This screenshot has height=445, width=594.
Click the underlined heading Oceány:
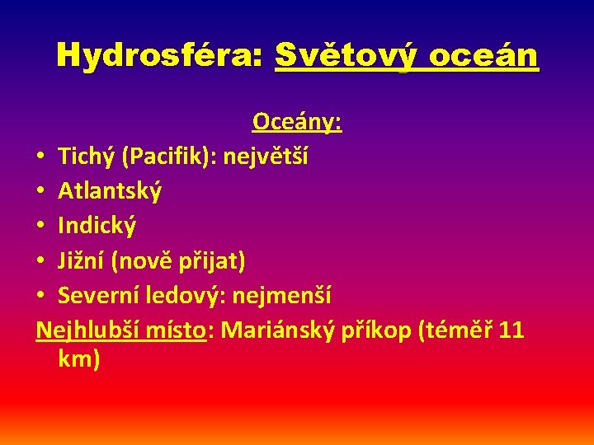pos(297,122)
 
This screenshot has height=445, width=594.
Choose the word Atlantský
pos(110,191)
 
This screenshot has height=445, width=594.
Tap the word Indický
pos(97,226)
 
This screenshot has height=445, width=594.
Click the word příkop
pos(375,330)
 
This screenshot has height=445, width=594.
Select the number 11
pos(511,330)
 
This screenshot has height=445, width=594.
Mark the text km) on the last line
pos(80,358)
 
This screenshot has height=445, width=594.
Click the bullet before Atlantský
pos(40,192)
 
